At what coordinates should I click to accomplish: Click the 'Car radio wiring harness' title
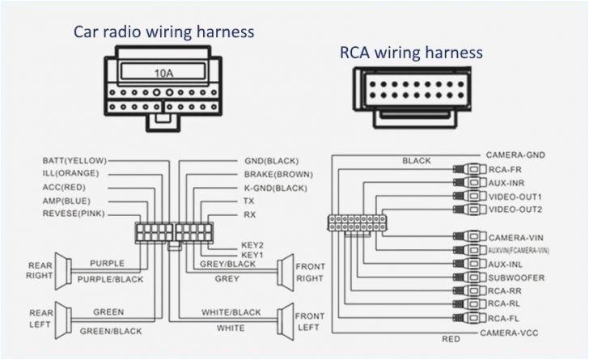point(163,32)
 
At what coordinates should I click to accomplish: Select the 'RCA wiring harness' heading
point(411,53)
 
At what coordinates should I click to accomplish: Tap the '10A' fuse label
point(163,73)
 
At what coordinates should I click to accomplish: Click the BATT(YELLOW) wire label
point(74,161)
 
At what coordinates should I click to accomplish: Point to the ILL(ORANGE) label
point(70,174)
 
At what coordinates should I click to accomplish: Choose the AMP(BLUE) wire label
point(67,201)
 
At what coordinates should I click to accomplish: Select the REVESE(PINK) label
point(74,214)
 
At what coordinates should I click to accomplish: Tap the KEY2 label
point(252,244)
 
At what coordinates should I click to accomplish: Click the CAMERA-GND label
point(518,155)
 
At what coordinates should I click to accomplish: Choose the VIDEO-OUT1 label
point(515,197)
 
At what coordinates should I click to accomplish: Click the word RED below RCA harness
point(451,338)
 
